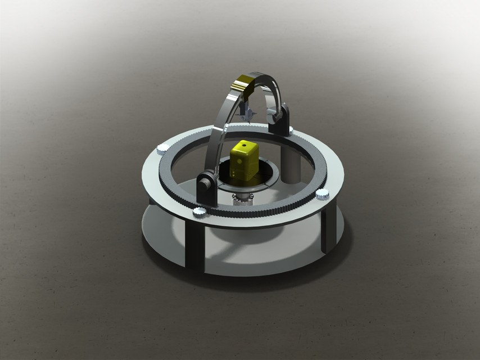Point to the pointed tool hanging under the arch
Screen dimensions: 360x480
pos(247,112)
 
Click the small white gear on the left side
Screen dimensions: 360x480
pos(162,148)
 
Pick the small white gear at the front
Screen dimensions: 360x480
pos(199,211)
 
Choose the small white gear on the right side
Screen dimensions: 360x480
pos(323,194)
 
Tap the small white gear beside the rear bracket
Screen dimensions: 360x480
pos(290,131)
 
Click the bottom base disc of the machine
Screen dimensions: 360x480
pos(253,259)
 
